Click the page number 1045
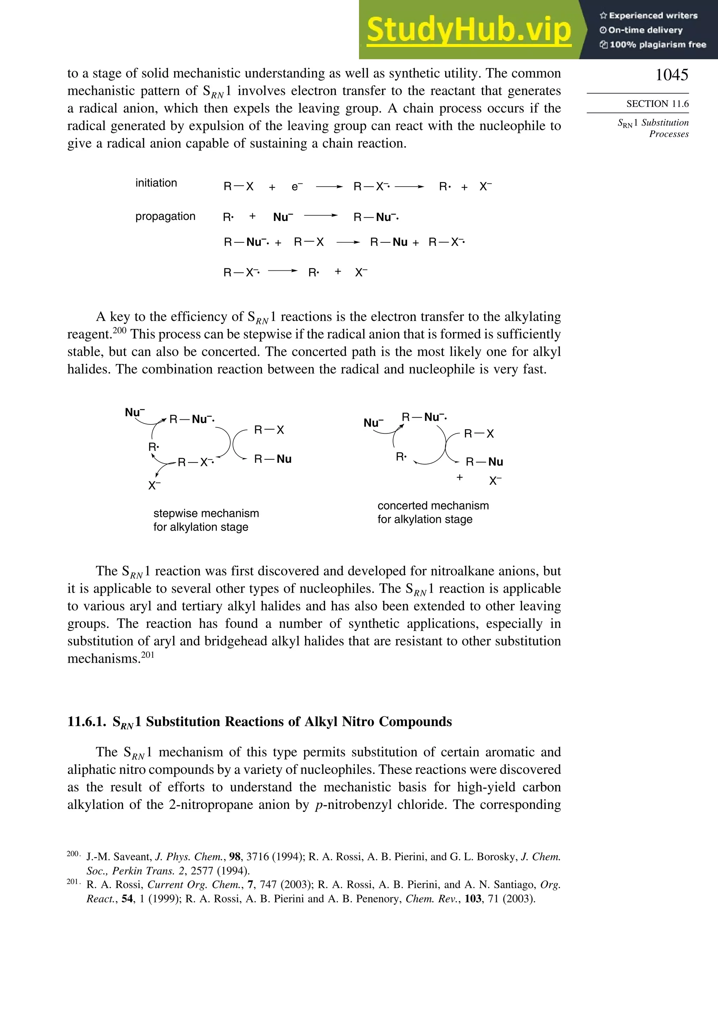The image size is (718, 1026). (x=671, y=75)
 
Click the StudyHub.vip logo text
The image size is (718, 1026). (x=469, y=30)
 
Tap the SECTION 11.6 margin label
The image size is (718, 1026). (x=657, y=104)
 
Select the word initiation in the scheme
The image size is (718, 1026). (x=156, y=183)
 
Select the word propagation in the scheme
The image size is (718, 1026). (x=165, y=216)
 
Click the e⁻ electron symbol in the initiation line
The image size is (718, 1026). (x=297, y=187)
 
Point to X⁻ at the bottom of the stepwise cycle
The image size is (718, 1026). (x=154, y=485)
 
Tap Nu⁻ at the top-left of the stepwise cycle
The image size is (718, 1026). (x=134, y=412)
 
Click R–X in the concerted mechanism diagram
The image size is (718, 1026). (x=479, y=434)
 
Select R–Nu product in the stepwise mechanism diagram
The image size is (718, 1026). (x=272, y=459)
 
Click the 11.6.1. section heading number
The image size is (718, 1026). (x=87, y=722)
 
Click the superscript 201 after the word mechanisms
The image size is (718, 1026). (x=148, y=655)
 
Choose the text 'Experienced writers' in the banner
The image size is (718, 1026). (x=653, y=16)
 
